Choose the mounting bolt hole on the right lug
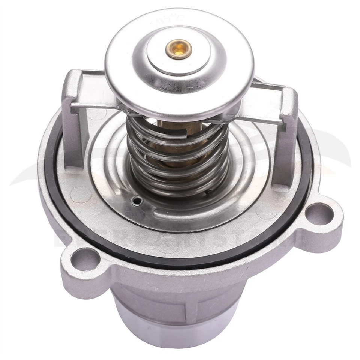319,213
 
